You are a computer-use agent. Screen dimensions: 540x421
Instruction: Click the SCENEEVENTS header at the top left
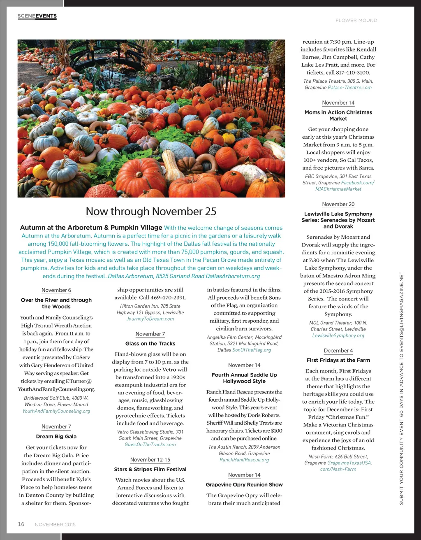(x=37, y=16)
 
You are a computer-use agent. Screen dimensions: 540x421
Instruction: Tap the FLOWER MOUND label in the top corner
(x=356, y=20)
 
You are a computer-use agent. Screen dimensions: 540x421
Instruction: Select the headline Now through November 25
(x=151, y=211)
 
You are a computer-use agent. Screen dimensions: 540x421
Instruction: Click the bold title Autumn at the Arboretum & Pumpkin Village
(x=91, y=228)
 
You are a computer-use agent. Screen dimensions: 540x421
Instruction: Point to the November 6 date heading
(x=56, y=290)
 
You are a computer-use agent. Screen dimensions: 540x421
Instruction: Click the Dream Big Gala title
(x=56, y=436)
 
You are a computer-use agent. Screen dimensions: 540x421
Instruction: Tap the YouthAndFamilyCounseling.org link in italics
(x=56, y=411)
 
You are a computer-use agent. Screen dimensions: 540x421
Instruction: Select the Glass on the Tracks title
(x=150, y=343)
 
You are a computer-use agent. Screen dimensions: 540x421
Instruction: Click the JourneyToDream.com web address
(x=150, y=319)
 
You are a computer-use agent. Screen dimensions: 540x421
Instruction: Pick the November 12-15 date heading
(x=150, y=460)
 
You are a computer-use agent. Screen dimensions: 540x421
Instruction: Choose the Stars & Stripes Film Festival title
(x=150, y=469)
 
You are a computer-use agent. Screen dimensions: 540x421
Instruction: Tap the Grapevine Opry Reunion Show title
(x=244, y=484)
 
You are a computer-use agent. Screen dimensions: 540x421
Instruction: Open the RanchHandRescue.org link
(x=244, y=460)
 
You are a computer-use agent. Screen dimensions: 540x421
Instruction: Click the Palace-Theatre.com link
(x=349, y=87)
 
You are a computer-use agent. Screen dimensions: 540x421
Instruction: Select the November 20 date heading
(x=338, y=204)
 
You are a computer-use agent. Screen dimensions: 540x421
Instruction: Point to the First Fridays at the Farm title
(x=338, y=360)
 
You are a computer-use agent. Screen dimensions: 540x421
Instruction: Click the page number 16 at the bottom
(x=21, y=524)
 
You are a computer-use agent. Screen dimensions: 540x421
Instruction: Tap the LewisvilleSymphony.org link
(x=338, y=335)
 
